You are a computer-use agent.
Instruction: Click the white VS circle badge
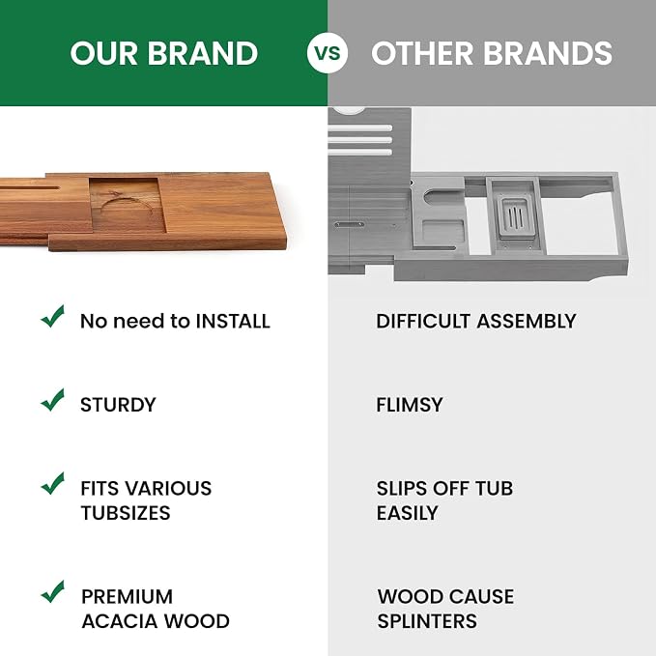tap(328, 53)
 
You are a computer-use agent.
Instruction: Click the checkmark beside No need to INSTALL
tap(53, 316)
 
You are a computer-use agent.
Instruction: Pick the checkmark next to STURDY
tap(53, 400)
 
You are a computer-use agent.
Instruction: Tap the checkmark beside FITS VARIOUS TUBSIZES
tap(53, 483)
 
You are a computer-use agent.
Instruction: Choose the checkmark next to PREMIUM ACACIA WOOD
tap(53, 591)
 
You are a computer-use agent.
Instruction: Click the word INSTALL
tap(233, 322)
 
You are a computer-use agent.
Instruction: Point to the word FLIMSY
tap(410, 405)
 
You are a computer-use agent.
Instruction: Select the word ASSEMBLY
tap(527, 322)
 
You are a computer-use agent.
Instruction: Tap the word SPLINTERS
tap(427, 621)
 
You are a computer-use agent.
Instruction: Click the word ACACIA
tap(119, 621)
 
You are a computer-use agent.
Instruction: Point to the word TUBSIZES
tap(126, 513)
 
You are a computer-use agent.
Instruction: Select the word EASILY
tap(407, 513)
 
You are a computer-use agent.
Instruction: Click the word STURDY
tap(118, 405)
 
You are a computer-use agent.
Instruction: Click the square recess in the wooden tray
tap(128, 206)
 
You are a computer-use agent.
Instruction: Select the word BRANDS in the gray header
tap(548, 53)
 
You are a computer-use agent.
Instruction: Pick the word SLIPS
tap(402, 489)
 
